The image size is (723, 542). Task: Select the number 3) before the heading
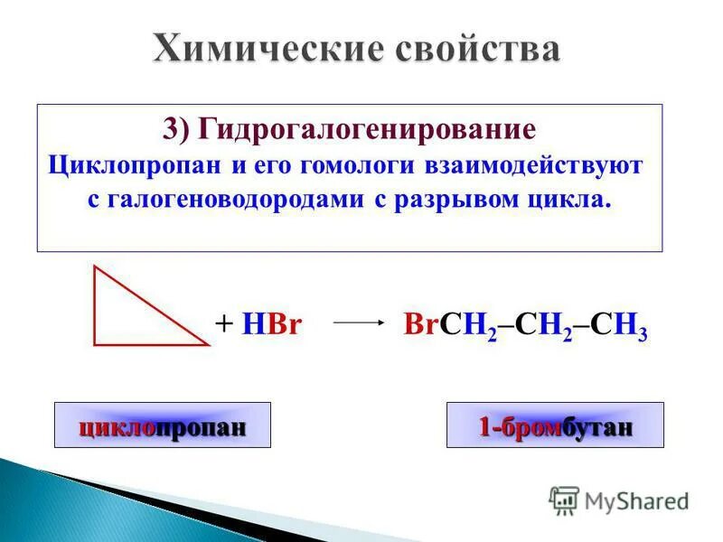click(x=179, y=128)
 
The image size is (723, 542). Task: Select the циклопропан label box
click(x=163, y=425)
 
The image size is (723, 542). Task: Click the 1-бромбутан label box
click(x=555, y=425)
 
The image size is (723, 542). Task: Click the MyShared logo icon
click(x=564, y=499)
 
